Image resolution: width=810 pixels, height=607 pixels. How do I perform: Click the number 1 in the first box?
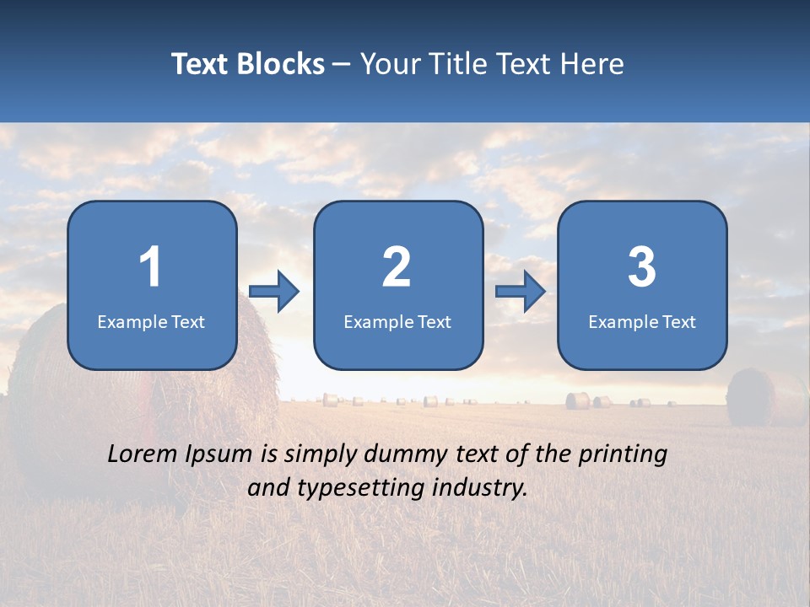click(150, 267)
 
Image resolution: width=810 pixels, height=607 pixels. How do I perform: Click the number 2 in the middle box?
click(397, 267)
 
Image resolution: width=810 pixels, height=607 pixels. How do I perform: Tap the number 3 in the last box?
click(642, 267)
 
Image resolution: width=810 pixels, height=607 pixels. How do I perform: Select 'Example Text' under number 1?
click(151, 321)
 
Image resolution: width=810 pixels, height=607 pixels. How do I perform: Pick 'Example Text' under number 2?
click(397, 321)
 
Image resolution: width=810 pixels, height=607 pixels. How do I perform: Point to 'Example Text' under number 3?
click(642, 321)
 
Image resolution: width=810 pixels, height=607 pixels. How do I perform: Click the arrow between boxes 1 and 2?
click(274, 292)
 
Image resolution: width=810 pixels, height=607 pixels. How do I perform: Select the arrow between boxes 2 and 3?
click(521, 292)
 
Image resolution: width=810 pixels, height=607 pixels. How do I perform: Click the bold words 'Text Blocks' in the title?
click(248, 64)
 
